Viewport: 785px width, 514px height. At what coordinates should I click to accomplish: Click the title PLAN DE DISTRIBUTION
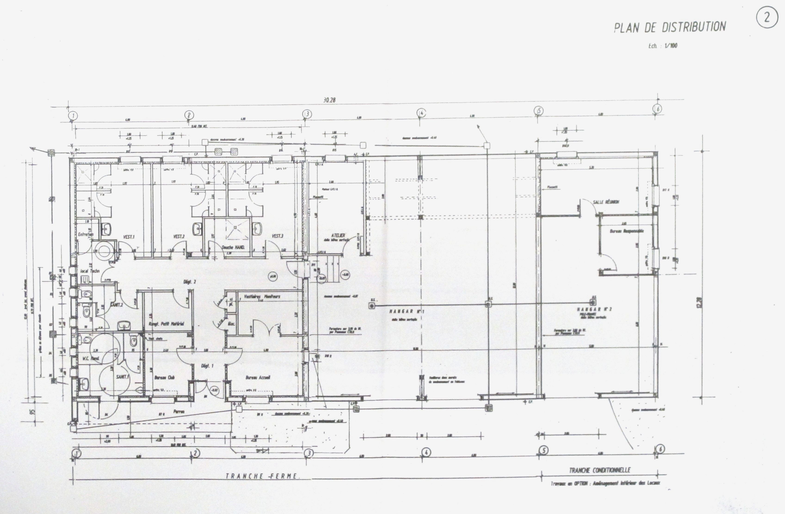[x=670, y=27]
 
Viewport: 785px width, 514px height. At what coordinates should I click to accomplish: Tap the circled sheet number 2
[x=767, y=18]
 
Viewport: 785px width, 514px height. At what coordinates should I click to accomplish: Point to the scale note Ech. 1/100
[x=663, y=46]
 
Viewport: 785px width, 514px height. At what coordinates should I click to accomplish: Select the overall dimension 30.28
[x=329, y=100]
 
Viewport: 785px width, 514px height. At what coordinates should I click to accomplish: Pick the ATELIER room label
[x=338, y=235]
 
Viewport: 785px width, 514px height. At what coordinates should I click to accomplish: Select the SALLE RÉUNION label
[x=606, y=202]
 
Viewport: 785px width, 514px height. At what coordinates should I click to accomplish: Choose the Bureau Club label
[x=164, y=377]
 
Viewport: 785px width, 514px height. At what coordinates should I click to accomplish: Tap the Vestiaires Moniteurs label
[x=262, y=296]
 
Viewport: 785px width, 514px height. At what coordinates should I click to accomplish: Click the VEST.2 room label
[x=179, y=236]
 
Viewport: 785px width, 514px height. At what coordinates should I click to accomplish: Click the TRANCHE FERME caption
[x=262, y=476]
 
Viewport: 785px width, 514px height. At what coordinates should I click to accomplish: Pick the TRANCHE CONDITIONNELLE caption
[x=599, y=470]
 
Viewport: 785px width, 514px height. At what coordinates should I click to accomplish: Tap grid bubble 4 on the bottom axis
[x=426, y=452]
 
